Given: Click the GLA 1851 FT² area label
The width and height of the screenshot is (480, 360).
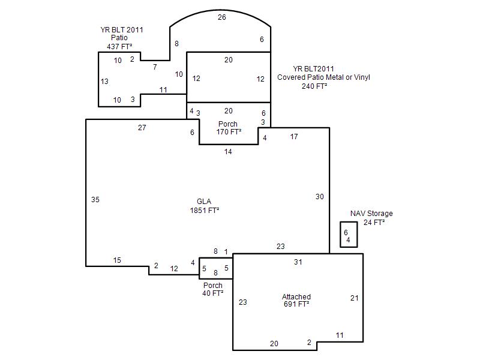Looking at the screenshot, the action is (x=205, y=206).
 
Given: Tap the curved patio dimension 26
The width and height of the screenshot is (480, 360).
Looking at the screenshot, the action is (x=222, y=17).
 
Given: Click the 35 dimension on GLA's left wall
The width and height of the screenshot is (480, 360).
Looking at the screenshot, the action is (x=95, y=200).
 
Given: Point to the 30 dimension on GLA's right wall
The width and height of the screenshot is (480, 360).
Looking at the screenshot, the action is (x=320, y=197).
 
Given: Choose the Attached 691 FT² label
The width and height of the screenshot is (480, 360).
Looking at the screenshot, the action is (x=296, y=301).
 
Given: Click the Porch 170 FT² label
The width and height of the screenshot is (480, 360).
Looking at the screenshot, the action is (x=229, y=128).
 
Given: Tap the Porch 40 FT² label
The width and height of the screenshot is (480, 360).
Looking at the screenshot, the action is (x=213, y=289).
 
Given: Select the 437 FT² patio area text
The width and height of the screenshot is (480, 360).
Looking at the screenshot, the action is (x=119, y=46).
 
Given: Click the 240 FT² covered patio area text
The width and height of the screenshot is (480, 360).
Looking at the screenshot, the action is (x=314, y=86).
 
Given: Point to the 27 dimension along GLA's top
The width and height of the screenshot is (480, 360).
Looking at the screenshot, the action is (x=142, y=127).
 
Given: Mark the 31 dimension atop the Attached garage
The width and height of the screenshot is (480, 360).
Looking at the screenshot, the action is (x=298, y=262).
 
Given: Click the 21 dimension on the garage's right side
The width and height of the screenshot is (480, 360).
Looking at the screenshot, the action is (x=354, y=298).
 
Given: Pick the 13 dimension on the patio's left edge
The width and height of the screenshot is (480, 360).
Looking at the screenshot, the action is (x=104, y=82).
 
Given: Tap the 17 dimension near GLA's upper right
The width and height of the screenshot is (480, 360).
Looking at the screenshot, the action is (x=294, y=137).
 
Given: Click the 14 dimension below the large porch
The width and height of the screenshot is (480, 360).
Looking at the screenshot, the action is (x=228, y=152).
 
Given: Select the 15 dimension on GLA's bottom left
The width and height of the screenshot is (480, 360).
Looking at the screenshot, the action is (x=117, y=260).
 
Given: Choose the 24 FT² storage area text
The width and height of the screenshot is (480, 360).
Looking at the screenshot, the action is (x=374, y=222).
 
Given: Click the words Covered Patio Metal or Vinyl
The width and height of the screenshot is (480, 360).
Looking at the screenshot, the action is (x=323, y=77).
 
